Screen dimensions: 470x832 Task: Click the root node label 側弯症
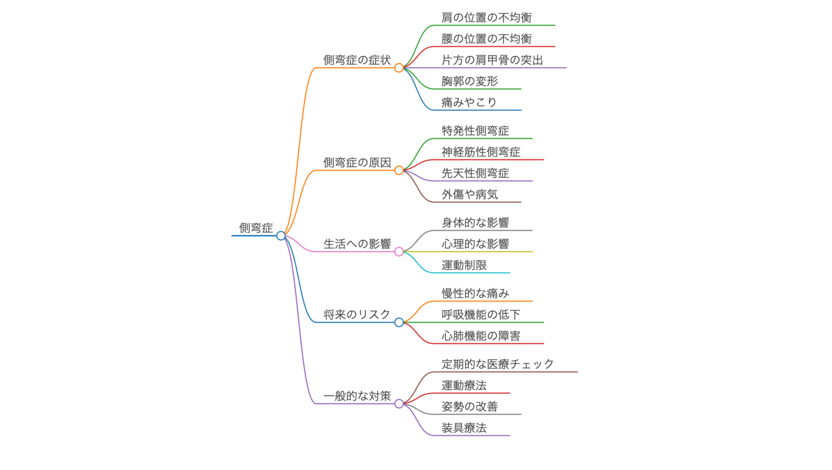click(x=256, y=228)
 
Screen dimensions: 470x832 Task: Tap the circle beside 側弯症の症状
click(x=399, y=68)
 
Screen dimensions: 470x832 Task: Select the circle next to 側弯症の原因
click(x=399, y=170)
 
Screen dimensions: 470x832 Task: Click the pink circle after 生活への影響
click(x=399, y=251)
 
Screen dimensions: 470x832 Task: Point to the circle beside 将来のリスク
click(x=399, y=322)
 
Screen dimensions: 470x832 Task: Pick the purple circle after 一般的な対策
click(x=399, y=404)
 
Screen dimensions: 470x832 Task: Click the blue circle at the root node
click(x=281, y=235)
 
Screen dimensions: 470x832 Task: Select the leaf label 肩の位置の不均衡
click(x=486, y=17)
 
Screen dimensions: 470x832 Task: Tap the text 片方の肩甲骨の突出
click(x=492, y=60)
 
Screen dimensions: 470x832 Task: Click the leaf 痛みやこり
click(x=469, y=102)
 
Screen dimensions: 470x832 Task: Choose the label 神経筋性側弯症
click(x=481, y=152)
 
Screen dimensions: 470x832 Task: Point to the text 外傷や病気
click(x=469, y=194)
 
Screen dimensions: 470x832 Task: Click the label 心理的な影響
click(x=475, y=244)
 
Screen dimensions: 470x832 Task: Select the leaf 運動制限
click(x=464, y=265)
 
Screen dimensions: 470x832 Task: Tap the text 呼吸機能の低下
click(x=481, y=314)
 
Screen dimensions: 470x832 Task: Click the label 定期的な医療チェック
click(x=497, y=364)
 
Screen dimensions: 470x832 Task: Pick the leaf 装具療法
click(x=464, y=428)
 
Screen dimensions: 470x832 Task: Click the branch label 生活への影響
click(x=357, y=244)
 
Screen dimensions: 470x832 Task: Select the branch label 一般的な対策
click(x=357, y=396)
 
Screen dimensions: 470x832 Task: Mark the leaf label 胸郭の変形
click(x=469, y=82)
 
